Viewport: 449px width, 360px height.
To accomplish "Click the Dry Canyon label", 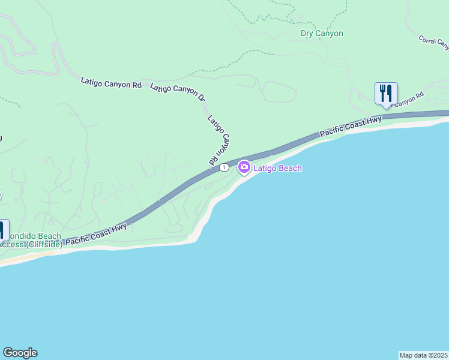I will pyautogui.click(x=322, y=34).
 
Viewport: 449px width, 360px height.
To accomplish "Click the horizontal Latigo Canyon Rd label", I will pyautogui.click(x=111, y=83).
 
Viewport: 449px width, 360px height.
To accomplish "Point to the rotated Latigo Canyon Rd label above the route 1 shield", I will pyautogui.click(x=220, y=140).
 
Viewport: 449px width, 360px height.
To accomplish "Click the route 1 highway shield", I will pyautogui.click(x=223, y=167).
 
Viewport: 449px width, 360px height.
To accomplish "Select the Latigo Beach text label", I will pyautogui.click(x=277, y=169).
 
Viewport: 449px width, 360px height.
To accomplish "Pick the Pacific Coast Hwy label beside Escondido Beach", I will pyautogui.click(x=96, y=233).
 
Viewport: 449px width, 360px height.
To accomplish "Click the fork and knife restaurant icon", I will pyautogui.click(x=386, y=94).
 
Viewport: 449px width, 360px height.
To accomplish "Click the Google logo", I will pyautogui.click(x=20, y=353).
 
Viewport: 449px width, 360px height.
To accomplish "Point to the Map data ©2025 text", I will pyautogui.click(x=423, y=355).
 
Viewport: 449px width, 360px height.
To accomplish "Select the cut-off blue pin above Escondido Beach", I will pyautogui.click(x=2, y=230).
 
